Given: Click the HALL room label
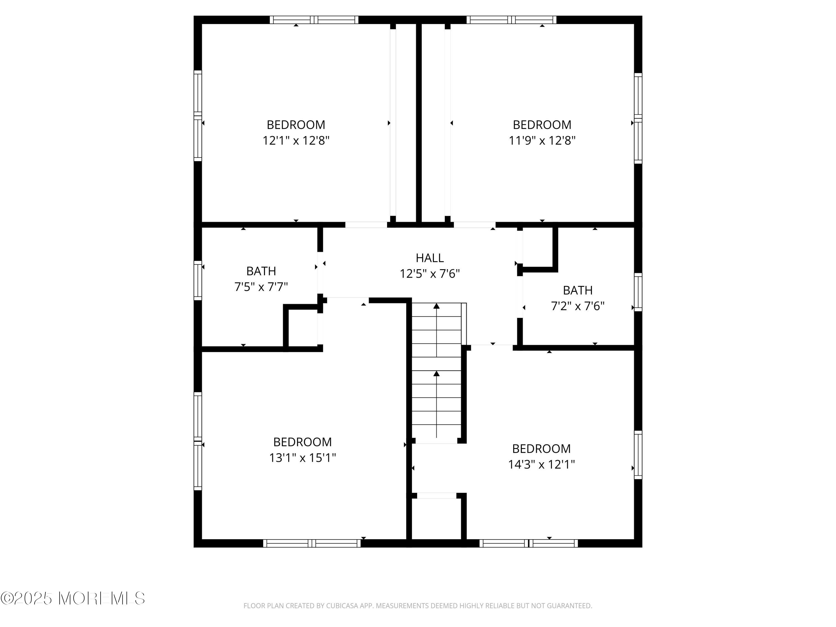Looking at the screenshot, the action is (x=430, y=258).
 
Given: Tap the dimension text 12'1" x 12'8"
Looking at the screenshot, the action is (x=296, y=141).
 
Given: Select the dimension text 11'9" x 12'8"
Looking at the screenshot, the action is (x=542, y=141).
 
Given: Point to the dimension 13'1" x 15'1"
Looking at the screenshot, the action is (x=302, y=458).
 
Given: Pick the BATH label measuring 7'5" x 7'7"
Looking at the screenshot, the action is (x=261, y=271).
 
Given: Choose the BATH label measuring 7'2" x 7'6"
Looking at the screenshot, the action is (x=577, y=290).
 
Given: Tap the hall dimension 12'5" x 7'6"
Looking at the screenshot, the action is (x=430, y=273).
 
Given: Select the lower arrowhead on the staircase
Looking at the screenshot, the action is (x=436, y=373).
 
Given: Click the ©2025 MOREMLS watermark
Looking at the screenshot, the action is (x=72, y=598).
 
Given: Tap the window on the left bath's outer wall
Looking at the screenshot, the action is (x=198, y=280).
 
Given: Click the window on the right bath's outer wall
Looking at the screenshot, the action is (x=638, y=292).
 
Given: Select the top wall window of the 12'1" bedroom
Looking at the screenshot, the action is (x=314, y=20).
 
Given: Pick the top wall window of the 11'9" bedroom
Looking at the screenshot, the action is (x=511, y=20).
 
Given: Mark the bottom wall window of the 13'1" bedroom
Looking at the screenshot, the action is (x=312, y=543).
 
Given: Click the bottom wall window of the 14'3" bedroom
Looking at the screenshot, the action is (x=529, y=543).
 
